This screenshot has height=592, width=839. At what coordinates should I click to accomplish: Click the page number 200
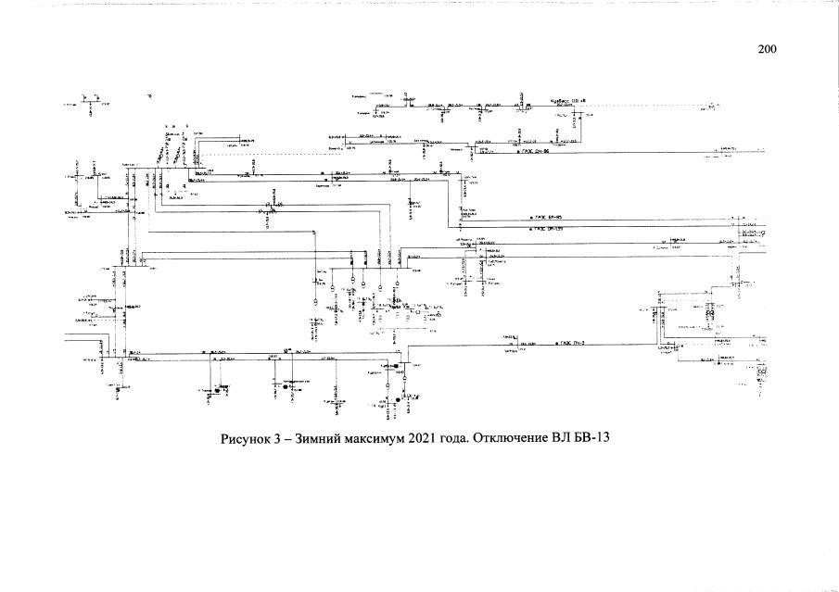tap(767, 50)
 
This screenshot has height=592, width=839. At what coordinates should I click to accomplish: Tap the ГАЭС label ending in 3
tap(576, 343)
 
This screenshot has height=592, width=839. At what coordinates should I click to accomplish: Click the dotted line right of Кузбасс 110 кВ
tap(649, 106)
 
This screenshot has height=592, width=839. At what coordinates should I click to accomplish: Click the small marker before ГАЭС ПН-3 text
tap(555, 344)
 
